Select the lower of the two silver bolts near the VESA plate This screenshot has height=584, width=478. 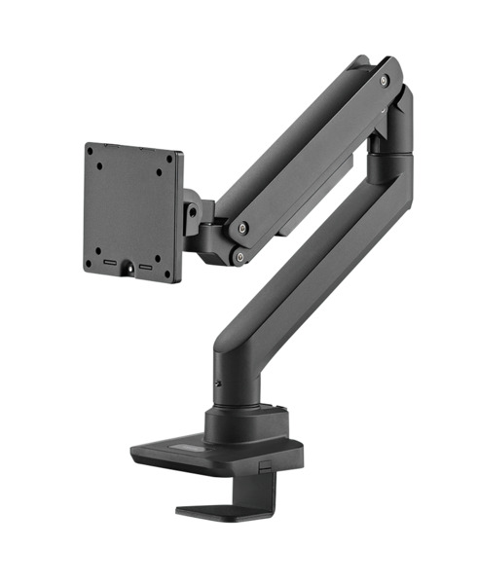[x=239, y=256]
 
